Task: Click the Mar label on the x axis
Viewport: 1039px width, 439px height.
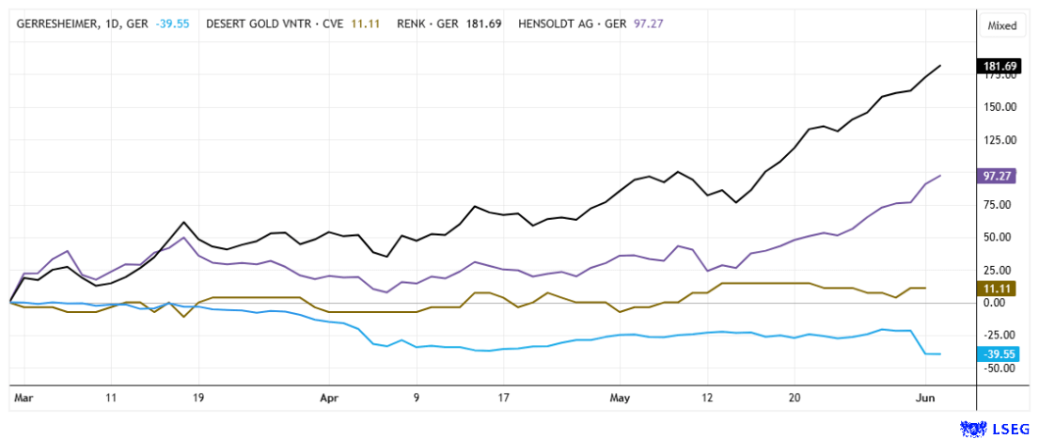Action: click(x=24, y=398)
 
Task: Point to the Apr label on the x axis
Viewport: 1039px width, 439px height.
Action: click(x=329, y=398)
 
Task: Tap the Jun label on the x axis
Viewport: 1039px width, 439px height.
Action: click(x=926, y=398)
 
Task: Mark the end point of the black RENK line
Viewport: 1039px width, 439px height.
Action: click(x=941, y=66)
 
